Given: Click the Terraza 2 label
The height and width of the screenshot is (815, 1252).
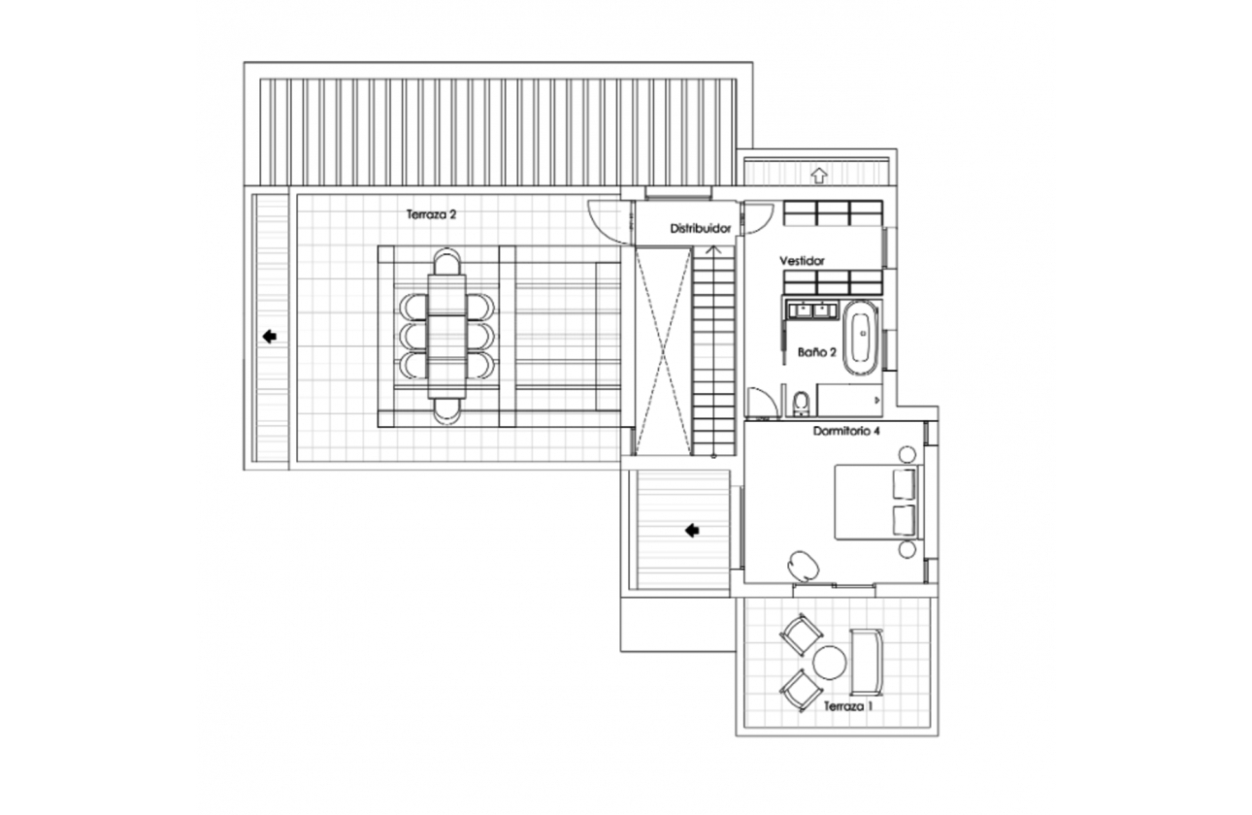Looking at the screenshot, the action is click(431, 214).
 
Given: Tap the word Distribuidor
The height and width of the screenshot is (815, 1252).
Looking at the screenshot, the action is click(701, 228).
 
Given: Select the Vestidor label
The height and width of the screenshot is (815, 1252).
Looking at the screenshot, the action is click(802, 261).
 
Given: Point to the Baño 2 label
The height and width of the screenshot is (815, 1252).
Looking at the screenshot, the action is click(817, 352).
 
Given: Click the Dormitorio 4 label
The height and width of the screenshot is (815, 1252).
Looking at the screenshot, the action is click(846, 431).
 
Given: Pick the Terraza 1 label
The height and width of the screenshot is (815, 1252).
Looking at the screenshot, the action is click(848, 706).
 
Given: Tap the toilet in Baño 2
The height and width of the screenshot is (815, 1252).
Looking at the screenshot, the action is click(801, 403).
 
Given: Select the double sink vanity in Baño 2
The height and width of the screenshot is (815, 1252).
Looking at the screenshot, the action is click(812, 309).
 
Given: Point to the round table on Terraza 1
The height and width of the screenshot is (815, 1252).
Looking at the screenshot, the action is click(830, 663).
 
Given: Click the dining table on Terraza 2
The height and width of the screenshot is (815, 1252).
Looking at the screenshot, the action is click(446, 336).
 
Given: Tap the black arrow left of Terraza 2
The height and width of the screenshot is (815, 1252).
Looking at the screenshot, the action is click(270, 337).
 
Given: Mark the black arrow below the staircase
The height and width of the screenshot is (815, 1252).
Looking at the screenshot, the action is click(692, 530).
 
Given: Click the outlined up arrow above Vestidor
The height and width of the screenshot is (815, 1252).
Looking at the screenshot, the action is click(819, 176).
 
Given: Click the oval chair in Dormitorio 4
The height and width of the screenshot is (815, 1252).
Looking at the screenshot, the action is click(804, 565).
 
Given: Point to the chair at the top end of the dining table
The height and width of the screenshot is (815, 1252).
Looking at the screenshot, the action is click(447, 261).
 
